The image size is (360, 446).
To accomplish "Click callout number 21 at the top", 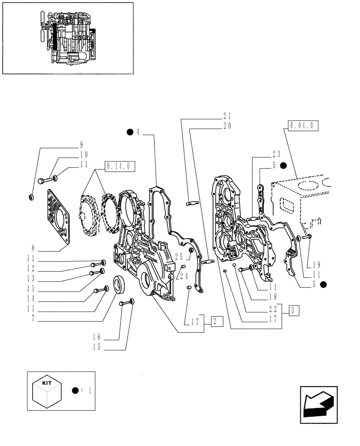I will [x=227, y=116].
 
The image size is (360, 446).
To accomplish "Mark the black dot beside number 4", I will [x=130, y=132].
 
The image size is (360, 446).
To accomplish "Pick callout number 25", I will [x=179, y=256].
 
